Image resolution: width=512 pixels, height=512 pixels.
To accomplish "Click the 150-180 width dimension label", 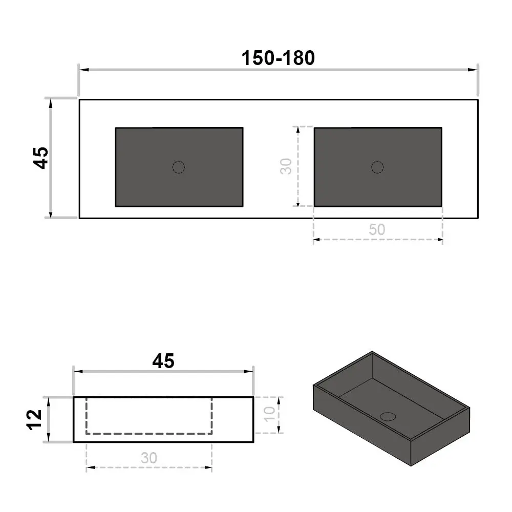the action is [x=278, y=58].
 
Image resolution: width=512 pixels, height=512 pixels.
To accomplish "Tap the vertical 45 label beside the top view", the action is [x=41, y=158].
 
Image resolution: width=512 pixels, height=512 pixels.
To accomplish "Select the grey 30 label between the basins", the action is [x=286, y=166].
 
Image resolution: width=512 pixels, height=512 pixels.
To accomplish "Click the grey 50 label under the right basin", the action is [x=377, y=229].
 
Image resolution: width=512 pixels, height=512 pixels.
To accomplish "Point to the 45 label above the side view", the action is [x=163, y=361].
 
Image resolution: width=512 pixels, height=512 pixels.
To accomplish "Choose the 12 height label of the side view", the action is [x=34, y=420].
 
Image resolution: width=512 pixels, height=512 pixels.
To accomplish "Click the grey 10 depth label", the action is [x=269, y=414].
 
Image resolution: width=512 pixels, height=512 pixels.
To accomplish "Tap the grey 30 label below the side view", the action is [x=149, y=458].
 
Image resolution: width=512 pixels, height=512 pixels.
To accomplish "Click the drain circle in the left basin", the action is [x=179, y=167].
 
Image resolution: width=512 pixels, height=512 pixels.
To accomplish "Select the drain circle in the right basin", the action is [x=377, y=167].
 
